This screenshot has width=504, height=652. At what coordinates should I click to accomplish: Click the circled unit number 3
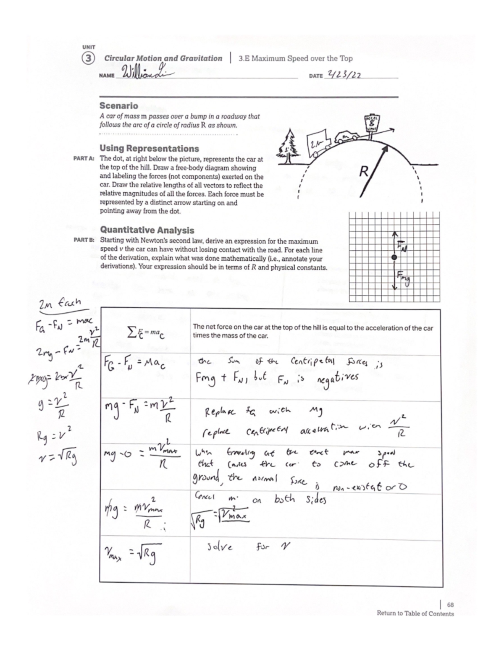88,58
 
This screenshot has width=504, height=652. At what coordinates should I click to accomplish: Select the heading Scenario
118,106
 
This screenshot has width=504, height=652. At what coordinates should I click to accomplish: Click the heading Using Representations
149,149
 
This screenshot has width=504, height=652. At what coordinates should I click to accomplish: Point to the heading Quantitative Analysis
147,230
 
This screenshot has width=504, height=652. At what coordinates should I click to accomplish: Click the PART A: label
85,159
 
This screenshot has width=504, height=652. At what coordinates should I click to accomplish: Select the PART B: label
85,241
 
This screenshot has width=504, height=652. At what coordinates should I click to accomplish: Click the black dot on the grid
394,257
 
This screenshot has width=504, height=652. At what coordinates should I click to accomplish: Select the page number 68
450,605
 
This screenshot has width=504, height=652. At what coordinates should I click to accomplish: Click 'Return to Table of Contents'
415,613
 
